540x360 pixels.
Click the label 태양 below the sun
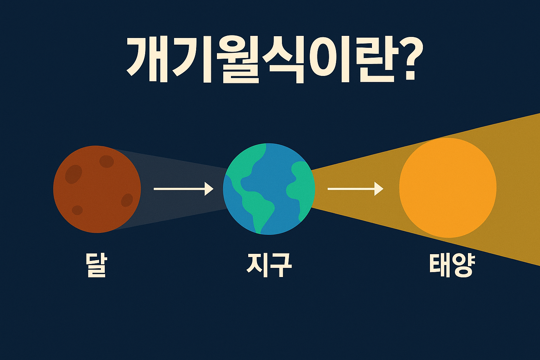coord(452,265)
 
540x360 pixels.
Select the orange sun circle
coord(448,188)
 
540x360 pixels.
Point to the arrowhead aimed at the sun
coord(379,189)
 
